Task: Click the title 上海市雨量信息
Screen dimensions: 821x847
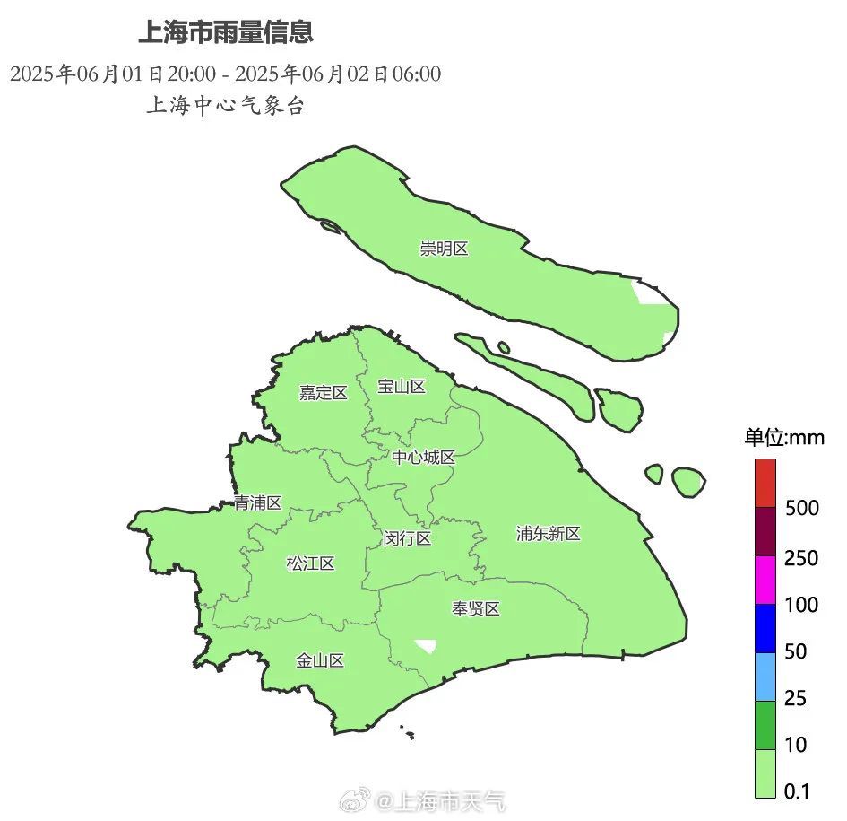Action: point(225,33)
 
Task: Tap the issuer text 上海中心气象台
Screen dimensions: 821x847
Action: point(225,106)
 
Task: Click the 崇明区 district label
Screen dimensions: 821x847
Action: point(444,249)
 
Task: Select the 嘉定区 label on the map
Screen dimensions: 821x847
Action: point(323,392)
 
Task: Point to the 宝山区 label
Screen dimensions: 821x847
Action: point(401,387)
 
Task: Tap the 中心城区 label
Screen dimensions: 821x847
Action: point(423,457)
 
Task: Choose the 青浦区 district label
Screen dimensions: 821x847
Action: point(257,502)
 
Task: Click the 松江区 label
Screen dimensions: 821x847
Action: point(310,563)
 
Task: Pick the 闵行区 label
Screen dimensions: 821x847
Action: point(407,538)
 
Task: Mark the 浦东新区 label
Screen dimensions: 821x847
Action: point(549,534)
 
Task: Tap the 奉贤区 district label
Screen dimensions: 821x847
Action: point(475,609)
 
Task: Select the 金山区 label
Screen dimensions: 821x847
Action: point(320,661)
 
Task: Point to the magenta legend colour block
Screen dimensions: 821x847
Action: point(765,581)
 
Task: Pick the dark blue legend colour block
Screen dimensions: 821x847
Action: point(765,628)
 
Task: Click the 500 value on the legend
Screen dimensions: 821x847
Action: point(801,509)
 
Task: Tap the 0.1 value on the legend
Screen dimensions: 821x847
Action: point(796,791)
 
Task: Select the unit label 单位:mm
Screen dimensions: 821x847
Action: point(783,438)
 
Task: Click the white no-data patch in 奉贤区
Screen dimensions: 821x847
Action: point(426,645)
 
